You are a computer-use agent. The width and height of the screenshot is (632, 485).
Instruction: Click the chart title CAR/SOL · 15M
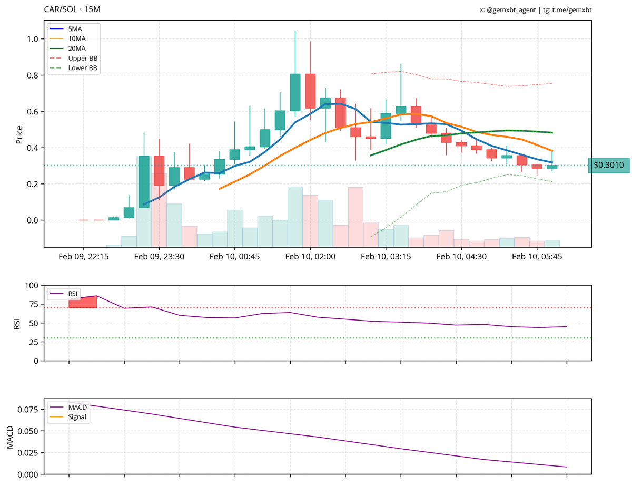[72, 10]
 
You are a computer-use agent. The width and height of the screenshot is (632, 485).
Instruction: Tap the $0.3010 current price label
[608, 166]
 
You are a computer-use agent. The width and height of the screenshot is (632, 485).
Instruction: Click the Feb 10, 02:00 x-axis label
[310, 256]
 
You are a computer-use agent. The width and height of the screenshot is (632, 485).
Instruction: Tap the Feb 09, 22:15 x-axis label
[83, 256]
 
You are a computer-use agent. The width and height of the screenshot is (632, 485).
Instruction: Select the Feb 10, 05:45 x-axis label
[536, 256]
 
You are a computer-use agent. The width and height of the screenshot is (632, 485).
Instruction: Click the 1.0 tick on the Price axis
[33, 39]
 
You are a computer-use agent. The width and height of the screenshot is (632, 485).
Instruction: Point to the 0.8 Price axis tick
[33, 75]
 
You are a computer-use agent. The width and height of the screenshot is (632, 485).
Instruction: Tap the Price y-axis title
[19, 134]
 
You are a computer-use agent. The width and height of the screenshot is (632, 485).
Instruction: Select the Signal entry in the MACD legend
[77, 417]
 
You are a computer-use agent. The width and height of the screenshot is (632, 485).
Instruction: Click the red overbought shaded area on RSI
[83, 302]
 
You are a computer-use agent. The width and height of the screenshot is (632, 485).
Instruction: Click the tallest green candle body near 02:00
[295, 92]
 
